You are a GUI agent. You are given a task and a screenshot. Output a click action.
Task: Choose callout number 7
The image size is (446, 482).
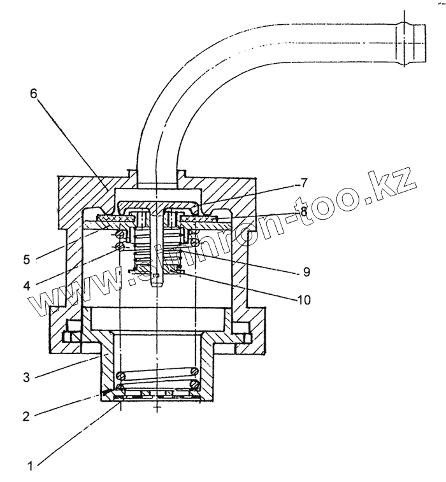click(303, 183)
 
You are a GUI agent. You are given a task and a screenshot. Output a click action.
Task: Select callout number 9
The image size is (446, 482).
click(306, 272)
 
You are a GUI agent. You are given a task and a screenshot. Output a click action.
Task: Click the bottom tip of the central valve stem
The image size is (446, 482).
click(156, 286)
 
